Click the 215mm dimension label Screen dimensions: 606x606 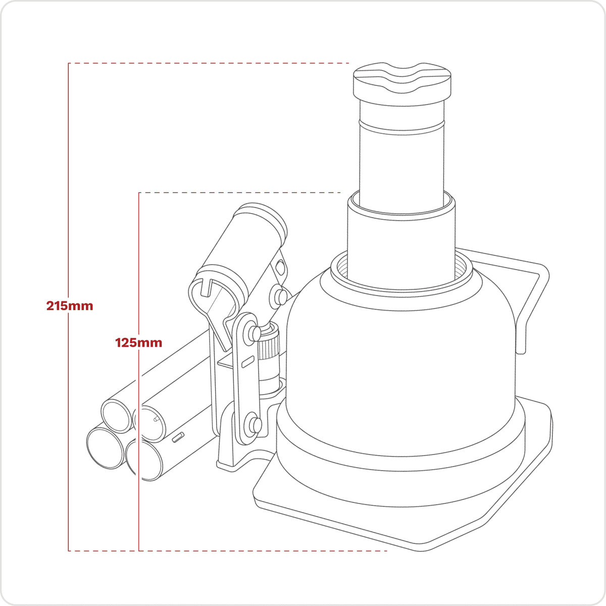pos(70,306)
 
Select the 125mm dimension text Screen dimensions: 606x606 pos(139,342)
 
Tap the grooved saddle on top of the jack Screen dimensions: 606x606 pos(402,83)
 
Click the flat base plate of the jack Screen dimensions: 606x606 pos(404,520)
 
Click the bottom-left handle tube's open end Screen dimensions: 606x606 pos(105,447)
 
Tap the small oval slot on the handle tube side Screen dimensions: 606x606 pos(177,438)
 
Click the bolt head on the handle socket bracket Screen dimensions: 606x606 pos(277,296)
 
